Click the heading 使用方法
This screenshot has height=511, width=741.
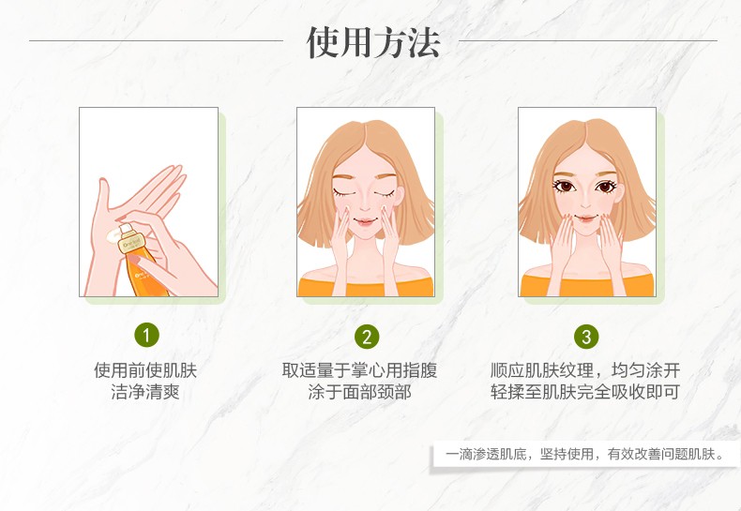tap(373, 42)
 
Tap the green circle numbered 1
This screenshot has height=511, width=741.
tap(146, 335)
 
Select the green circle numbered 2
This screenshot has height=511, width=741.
tap(367, 337)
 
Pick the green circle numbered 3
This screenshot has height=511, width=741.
tap(586, 337)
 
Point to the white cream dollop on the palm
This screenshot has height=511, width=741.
tap(113, 235)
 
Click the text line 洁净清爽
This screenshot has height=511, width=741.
tap(145, 392)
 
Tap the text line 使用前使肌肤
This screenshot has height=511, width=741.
tap(145, 370)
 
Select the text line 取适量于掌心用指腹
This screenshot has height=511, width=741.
tap(359, 370)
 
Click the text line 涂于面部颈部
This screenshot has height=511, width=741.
tap(359, 392)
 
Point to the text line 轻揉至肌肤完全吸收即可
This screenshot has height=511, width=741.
tap(585, 392)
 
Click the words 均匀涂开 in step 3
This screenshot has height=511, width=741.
tap(646, 370)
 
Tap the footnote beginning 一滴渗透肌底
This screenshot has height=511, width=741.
tap(585, 455)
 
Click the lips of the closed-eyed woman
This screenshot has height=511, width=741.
tap(365, 221)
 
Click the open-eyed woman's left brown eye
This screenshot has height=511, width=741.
tap(564, 187)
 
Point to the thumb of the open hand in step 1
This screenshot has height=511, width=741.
tap(102, 195)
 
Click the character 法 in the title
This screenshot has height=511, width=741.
tap(424, 42)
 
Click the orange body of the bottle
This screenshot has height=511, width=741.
tap(144, 273)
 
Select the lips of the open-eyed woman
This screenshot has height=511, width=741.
tap(585, 218)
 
